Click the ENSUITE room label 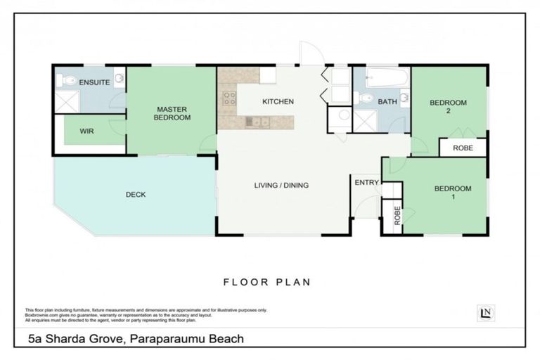pos(94,82)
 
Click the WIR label pos(87,131)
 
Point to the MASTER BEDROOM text pos(172,113)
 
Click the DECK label pos(136,195)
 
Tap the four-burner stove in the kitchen pos(229,98)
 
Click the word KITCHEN pos(278,102)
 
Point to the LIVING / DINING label pos(281,186)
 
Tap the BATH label pos(387,102)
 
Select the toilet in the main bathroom pos(364,98)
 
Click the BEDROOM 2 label pos(448,107)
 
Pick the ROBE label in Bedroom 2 pos(463,148)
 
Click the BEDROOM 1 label pos(452,192)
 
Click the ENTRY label pos(366,183)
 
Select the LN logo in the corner pos(484,313)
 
